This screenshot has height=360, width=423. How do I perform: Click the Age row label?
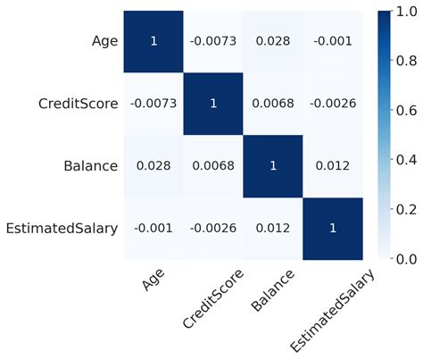[x=104, y=41]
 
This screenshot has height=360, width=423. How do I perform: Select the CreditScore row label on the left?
[x=78, y=104]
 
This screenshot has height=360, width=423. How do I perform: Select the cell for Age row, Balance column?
[x=272, y=41]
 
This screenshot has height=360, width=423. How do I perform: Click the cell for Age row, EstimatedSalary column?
[x=333, y=41]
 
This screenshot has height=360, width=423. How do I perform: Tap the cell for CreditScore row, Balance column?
[x=272, y=104]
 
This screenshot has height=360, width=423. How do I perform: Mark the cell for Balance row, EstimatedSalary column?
[x=333, y=165]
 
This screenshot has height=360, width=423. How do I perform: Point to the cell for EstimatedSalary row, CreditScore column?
[x=212, y=228]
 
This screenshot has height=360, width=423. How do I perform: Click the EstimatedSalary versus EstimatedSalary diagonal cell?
[x=333, y=228]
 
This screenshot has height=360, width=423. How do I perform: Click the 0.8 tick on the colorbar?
[x=405, y=60]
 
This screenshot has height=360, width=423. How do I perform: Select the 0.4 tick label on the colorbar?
[x=405, y=159]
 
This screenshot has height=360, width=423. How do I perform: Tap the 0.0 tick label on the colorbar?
[x=405, y=258]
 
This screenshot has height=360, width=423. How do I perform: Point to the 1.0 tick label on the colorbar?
[x=405, y=12]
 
